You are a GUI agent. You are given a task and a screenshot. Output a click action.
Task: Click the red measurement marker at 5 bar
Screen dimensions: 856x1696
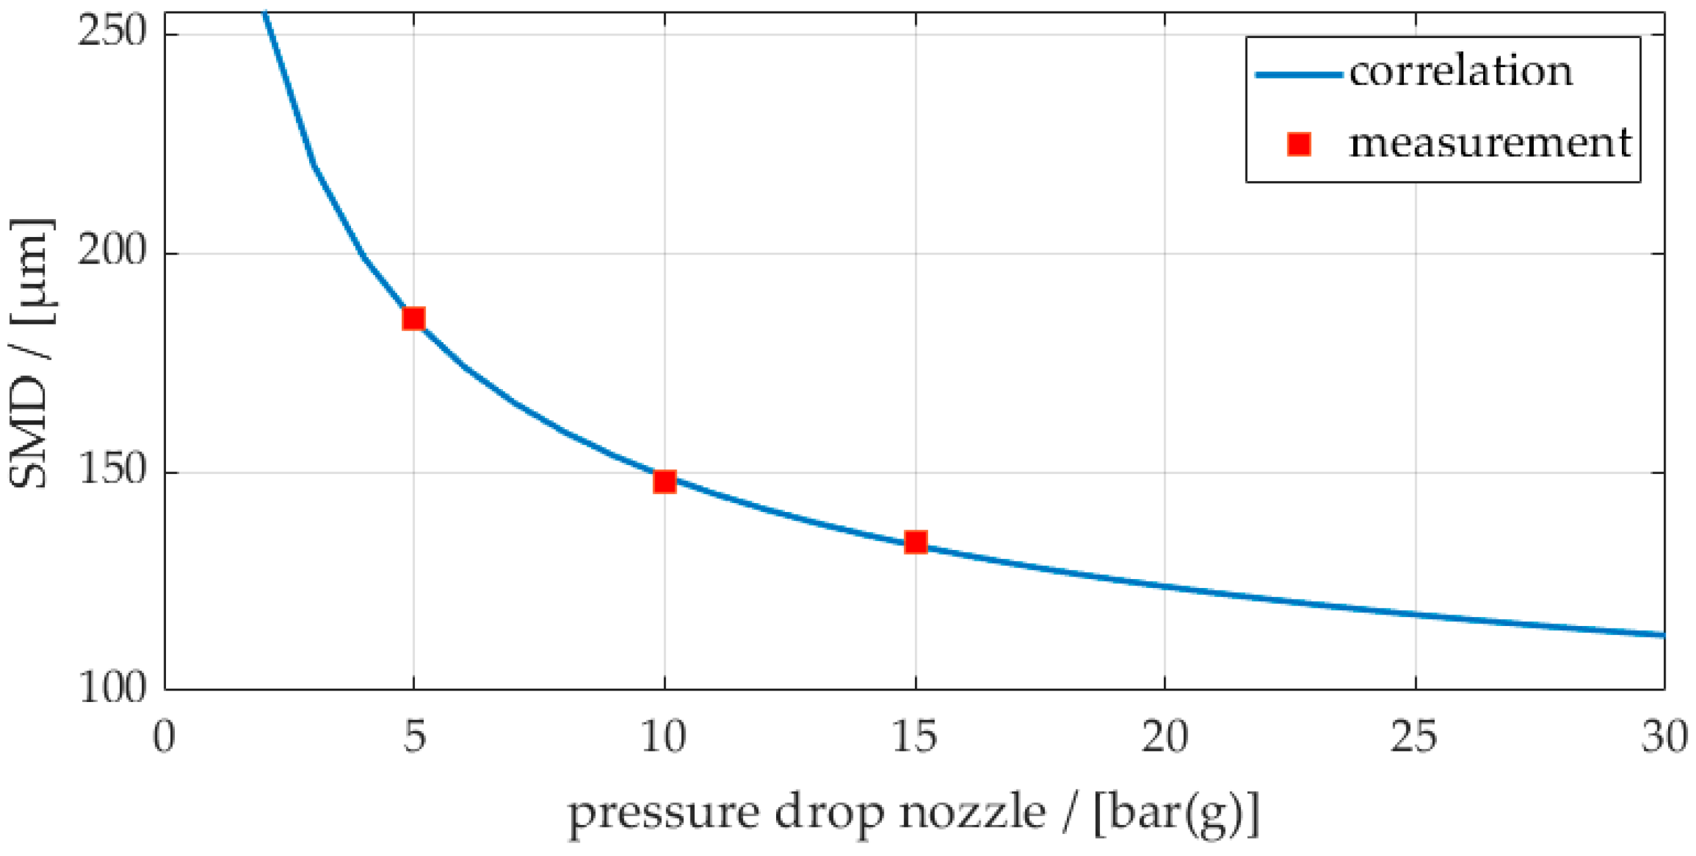[414, 319]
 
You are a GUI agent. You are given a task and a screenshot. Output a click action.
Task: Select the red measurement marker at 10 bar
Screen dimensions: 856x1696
[665, 482]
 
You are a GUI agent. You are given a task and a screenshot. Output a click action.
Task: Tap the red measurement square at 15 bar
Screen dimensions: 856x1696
[916, 542]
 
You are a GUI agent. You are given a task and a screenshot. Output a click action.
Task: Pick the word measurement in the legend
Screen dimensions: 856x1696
[1489, 143]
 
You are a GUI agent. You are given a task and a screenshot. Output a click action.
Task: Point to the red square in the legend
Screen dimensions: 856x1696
[1299, 144]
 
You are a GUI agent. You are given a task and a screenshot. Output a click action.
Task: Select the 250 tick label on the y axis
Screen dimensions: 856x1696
[111, 31]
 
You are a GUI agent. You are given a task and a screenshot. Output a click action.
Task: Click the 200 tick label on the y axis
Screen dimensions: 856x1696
[111, 251]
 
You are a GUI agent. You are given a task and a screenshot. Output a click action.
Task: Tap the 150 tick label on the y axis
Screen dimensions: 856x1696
[111, 470]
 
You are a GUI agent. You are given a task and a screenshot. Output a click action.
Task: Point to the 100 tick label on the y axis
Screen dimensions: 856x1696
[111, 688]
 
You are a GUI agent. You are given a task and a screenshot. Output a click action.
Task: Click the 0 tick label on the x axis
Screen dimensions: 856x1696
[164, 737]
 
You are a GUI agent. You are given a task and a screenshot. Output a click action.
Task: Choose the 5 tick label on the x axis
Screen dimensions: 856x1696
[414, 737]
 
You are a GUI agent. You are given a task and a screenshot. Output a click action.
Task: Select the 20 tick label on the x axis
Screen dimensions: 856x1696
[1164, 737]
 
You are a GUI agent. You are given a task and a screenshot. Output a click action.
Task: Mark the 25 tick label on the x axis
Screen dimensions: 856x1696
[1414, 737]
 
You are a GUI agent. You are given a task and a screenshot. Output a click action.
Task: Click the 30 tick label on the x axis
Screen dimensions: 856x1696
[1664, 737]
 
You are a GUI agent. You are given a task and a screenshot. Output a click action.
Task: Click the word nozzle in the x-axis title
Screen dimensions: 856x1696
[972, 812]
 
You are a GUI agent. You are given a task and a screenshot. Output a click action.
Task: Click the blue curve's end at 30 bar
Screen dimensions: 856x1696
[1662, 635]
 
